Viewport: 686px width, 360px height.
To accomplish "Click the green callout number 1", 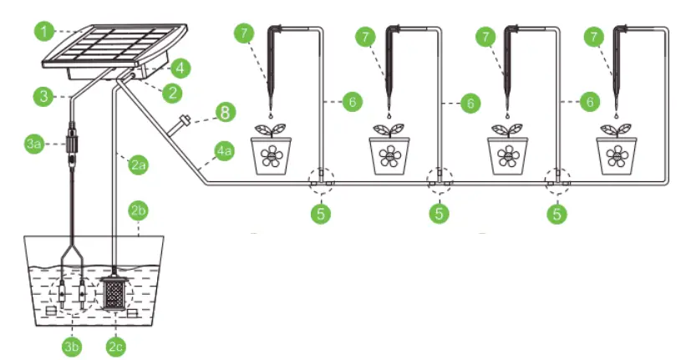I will pos(45,32).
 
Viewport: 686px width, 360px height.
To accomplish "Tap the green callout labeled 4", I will pos(182,65).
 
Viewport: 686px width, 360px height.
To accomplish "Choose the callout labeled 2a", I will pos(139,165).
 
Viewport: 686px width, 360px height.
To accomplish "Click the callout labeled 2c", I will pos(117,342).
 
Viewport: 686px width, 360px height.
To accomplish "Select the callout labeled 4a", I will pos(224,151).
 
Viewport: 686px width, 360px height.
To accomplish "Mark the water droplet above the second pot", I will pos(389,114).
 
